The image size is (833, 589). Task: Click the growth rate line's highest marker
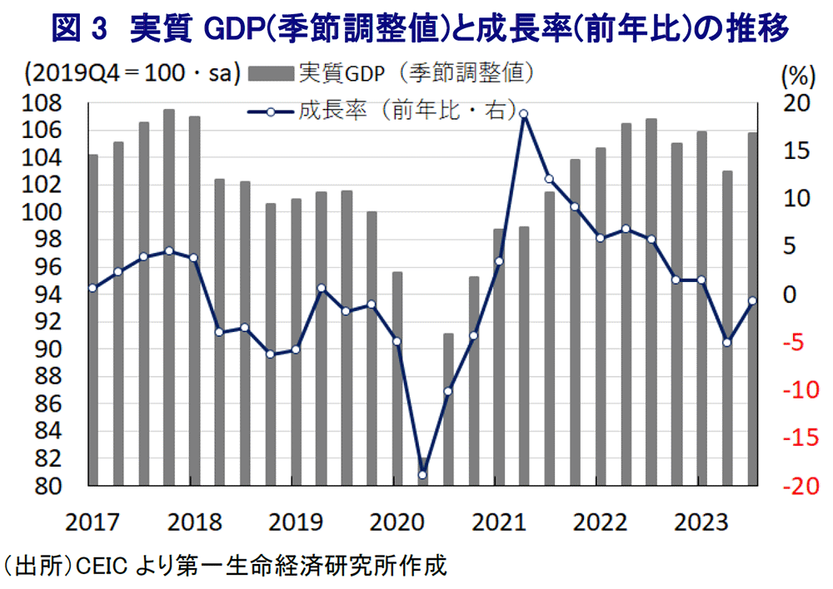pyautogui.click(x=523, y=114)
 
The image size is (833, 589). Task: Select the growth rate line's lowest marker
pyautogui.click(x=422, y=475)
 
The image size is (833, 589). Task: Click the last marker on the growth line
pyautogui.click(x=752, y=301)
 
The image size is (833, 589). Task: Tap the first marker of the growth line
pyautogui.click(x=92, y=288)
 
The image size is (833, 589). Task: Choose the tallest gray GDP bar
pyautogui.click(x=169, y=295)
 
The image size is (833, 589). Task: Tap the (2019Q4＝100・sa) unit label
pyautogui.click(x=132, y=74)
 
